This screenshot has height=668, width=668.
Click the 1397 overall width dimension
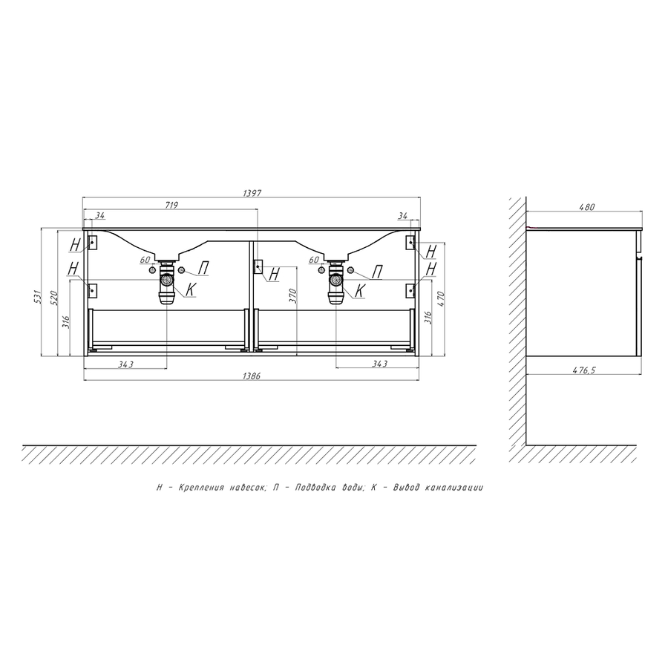pyautogui.click(x=252, y=194)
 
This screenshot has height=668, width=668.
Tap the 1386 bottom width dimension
pyautogui.click(x=251, y=376)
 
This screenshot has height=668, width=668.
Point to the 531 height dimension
pyautogui.click(x=38, y=296)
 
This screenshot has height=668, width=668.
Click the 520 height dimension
pyautogui.click(x=54, y=298)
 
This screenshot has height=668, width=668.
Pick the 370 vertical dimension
pyautogui.click(x=292, y=295)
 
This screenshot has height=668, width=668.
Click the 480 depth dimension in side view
pyautogui.click(x=586, y=208)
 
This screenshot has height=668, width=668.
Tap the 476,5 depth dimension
pyautogui.click(x=583, y=370)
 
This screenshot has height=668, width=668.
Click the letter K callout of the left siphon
pyautogui.click(x=191, y=289)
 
